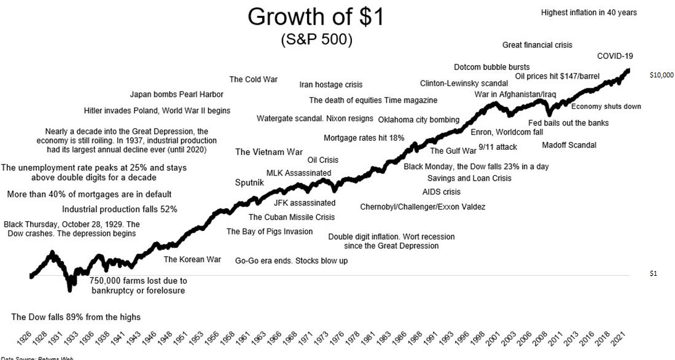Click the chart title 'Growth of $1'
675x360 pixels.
point(316,17)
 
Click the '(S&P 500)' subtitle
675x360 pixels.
point(316,40)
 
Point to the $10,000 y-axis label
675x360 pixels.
point(661,75)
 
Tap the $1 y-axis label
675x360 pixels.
point(653,273)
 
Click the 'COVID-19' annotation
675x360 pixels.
point(615,56)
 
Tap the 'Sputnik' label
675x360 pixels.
point(249,182)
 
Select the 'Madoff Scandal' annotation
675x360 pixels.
point(569,145)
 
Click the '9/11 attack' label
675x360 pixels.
point(497,147)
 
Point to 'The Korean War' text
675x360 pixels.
point(192,259)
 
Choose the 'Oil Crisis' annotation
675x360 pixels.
point(322,160)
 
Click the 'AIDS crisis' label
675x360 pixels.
point(441,192)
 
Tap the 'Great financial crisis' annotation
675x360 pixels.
point(537,45)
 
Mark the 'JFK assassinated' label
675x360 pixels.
point(305,203)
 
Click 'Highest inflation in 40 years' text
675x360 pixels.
point(588,12)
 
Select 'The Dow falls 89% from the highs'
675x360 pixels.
point(76,317)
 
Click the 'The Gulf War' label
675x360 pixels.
point(453,151)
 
